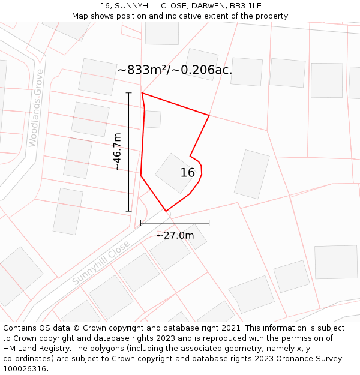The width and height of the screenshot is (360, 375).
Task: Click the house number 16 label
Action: (x=188, y=173)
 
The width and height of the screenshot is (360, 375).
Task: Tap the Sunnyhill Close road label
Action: (x=101, y=263)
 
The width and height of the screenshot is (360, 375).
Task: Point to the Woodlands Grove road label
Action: (x=36, y=108)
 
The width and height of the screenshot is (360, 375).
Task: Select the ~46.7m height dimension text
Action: (x=118, y=152)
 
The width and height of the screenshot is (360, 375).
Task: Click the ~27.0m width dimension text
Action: (x=175, y=235)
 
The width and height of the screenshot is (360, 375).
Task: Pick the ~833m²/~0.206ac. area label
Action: (x=175, y=70)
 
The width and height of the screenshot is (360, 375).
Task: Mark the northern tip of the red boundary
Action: (x=142, y=93)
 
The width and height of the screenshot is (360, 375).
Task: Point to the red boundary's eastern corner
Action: (x=209, y=115)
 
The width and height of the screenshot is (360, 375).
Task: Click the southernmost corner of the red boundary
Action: (x=166, y=211)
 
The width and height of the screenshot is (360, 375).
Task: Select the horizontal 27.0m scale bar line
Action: (x=175, y=223)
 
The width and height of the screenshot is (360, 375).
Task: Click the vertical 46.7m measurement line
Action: (x=129, y=152)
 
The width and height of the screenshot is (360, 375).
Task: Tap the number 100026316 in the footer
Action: (x=24, y=368)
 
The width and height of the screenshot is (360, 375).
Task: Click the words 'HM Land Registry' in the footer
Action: (x=34, y=348)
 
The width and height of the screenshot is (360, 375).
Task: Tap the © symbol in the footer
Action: (x=76, y=328)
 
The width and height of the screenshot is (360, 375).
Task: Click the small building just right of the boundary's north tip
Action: (x=154, y=119)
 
